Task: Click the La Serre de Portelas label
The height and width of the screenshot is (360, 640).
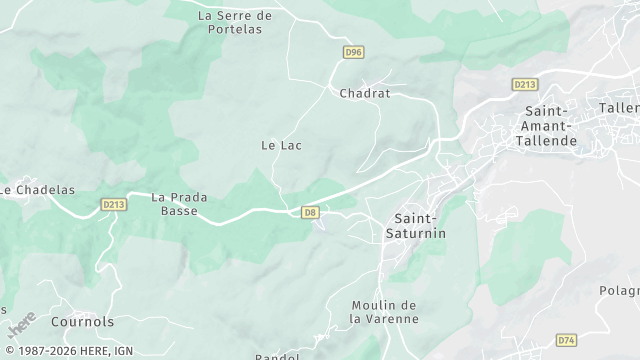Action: coord(235,22)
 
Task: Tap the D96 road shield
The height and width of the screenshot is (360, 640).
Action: coord(352,52)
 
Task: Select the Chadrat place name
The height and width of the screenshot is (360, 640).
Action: coord(364,93)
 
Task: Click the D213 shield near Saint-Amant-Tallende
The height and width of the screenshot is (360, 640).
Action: coord(525,85)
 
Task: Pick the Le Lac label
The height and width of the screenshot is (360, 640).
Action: coord(281,145)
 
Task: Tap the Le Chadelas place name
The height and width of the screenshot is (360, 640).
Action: coord(38,190)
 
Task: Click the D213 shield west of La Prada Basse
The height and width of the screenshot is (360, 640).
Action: coord(114,204)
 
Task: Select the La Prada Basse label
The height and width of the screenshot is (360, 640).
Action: coord(179,204)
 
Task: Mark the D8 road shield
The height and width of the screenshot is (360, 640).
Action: coord(310,212)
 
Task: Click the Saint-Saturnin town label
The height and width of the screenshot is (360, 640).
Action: coord(416,225)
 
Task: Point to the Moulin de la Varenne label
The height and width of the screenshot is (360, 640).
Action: coord(384,312)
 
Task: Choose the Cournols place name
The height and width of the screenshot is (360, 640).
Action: coord(82,322)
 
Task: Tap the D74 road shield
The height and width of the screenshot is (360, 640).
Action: coord(566,340)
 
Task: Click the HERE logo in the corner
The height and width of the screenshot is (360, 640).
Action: coord(22,325)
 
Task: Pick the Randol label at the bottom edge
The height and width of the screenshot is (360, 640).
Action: coord(277,356)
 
